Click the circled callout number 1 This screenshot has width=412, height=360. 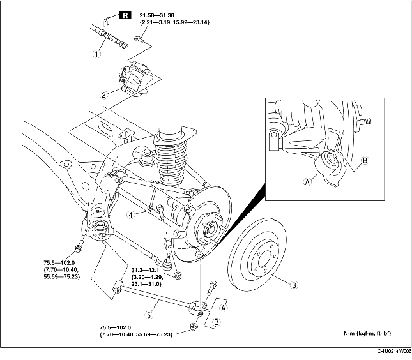pos(96,54)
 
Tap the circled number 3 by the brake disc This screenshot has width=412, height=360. pos(293,285)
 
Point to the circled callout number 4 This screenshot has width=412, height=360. pos(132,214)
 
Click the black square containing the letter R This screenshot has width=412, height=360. pos(125,13)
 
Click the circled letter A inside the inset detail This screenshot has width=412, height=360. pos(307,181)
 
